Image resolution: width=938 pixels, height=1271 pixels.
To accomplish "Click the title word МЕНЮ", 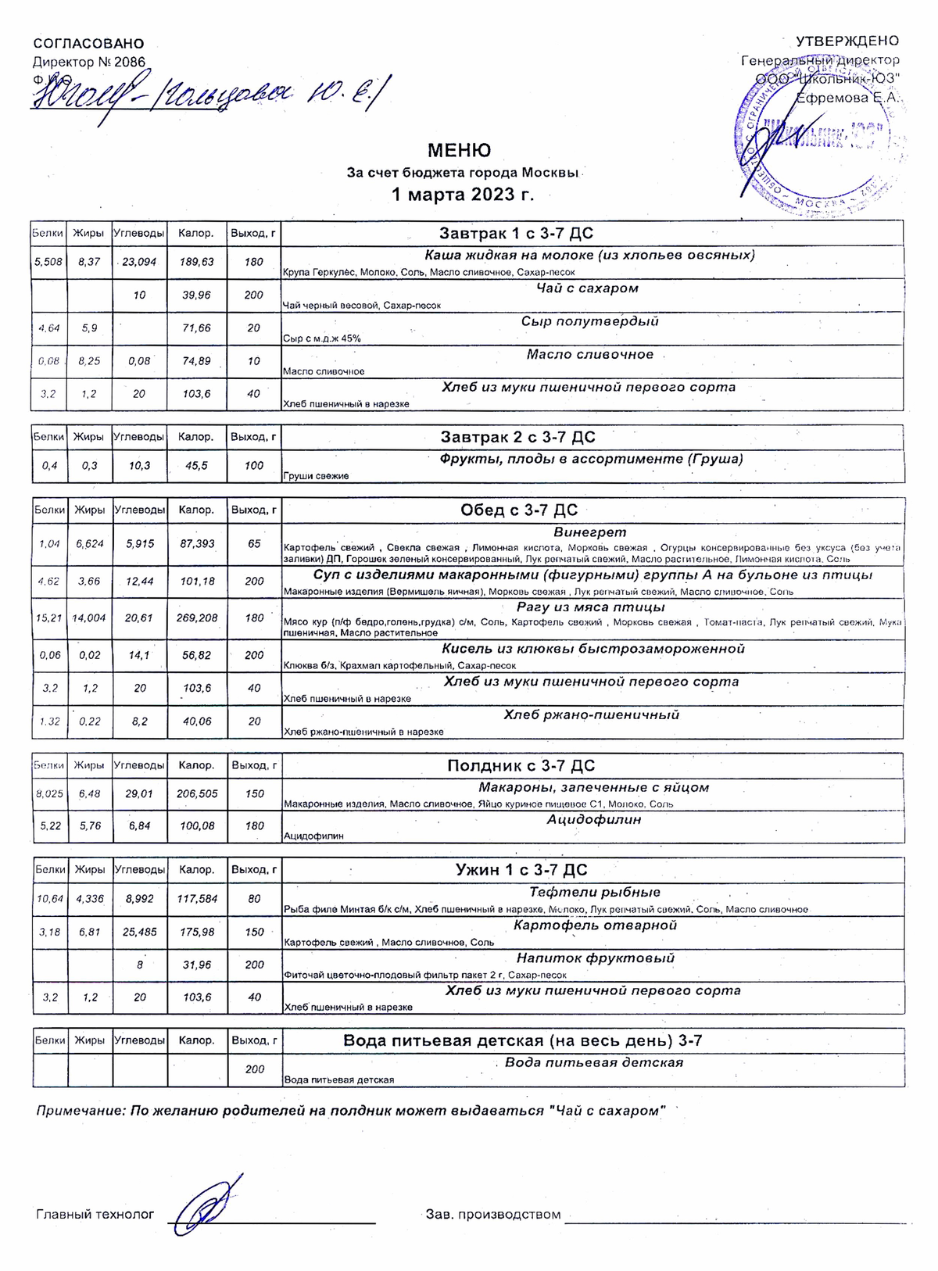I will (x=459, y=150).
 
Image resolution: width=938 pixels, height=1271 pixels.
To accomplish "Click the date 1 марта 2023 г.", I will (x=463, y=195).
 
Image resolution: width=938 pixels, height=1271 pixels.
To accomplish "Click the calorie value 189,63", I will (x=196, y=262).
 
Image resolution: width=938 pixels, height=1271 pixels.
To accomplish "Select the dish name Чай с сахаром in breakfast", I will (x=587, y=288).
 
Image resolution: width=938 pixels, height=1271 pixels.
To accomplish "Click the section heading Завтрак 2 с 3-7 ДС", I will (x=517, y=437).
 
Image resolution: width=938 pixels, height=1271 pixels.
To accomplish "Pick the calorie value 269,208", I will (x=196, y=618).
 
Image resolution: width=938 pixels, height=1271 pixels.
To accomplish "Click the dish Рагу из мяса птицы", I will (x=590, y=607).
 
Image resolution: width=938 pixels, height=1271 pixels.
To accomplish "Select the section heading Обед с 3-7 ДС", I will (x=519, y=510).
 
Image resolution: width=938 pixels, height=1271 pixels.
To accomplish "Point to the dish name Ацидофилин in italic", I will (x=593, y=819).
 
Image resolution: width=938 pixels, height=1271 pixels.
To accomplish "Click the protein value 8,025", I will (x=49, y=793).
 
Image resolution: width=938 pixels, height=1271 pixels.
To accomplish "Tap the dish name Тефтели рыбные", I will (x=594, y=892).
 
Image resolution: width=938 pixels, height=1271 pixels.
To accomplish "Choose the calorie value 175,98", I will (x=196, y=932).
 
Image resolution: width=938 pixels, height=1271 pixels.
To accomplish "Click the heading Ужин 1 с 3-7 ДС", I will (x=521, y=870).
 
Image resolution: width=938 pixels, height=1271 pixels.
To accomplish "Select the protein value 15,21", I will (x=49, y=618).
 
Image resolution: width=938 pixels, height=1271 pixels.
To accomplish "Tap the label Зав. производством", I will (x=493, y=1215).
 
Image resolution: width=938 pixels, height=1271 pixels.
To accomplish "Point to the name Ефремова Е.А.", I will (x=847, y=98).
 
